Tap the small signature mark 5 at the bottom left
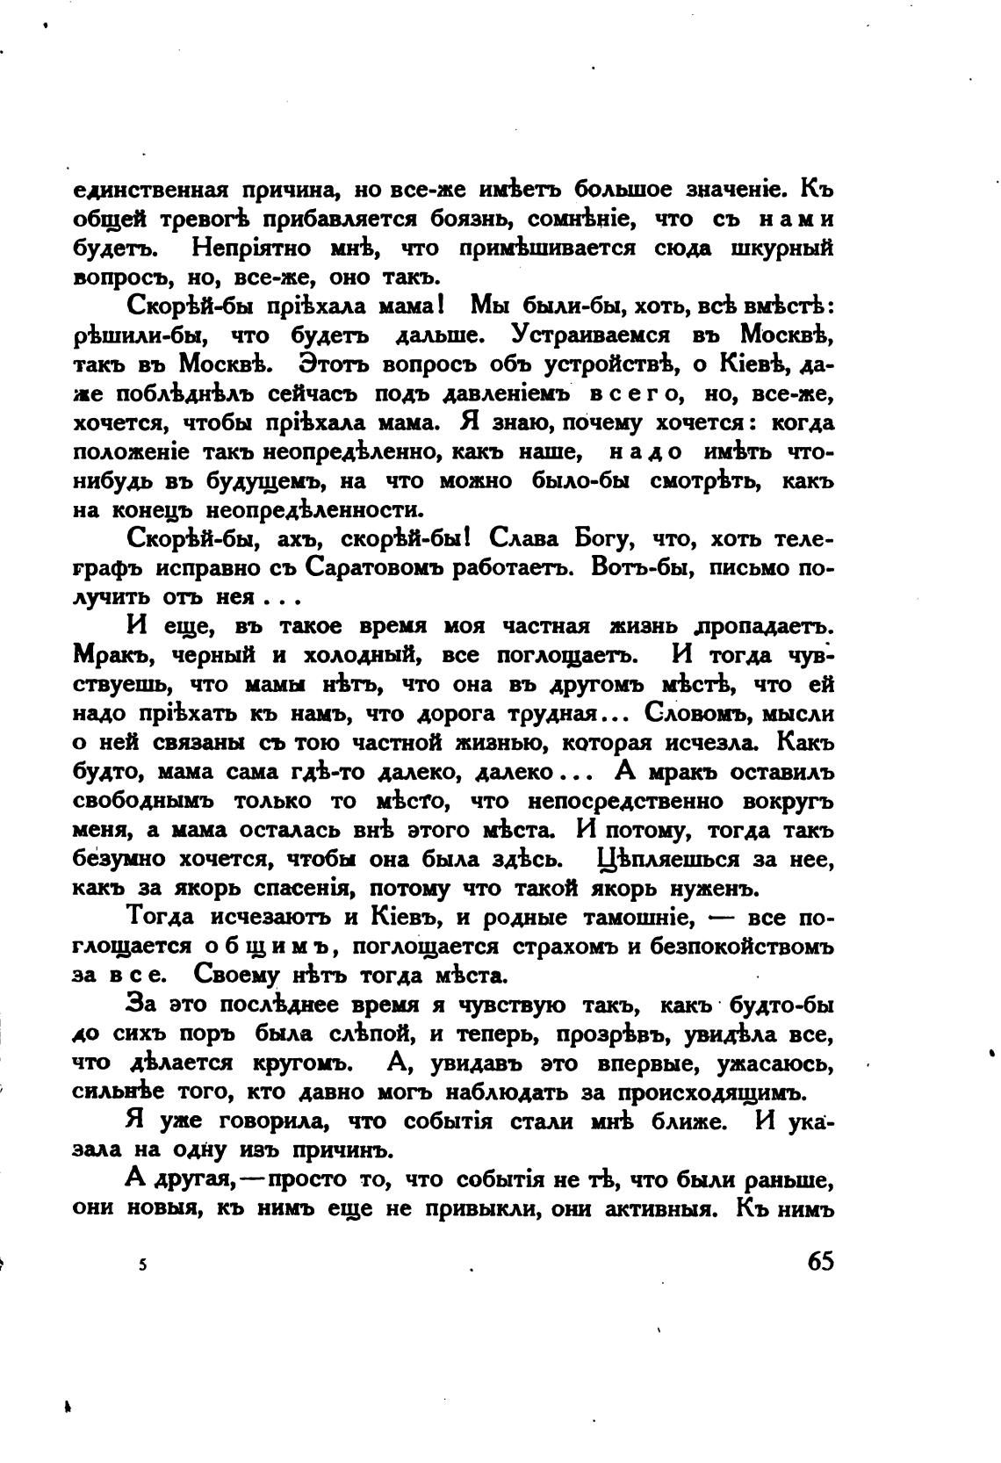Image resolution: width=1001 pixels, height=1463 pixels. point(142,1265)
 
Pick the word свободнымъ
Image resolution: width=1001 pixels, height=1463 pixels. point(143,801)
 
